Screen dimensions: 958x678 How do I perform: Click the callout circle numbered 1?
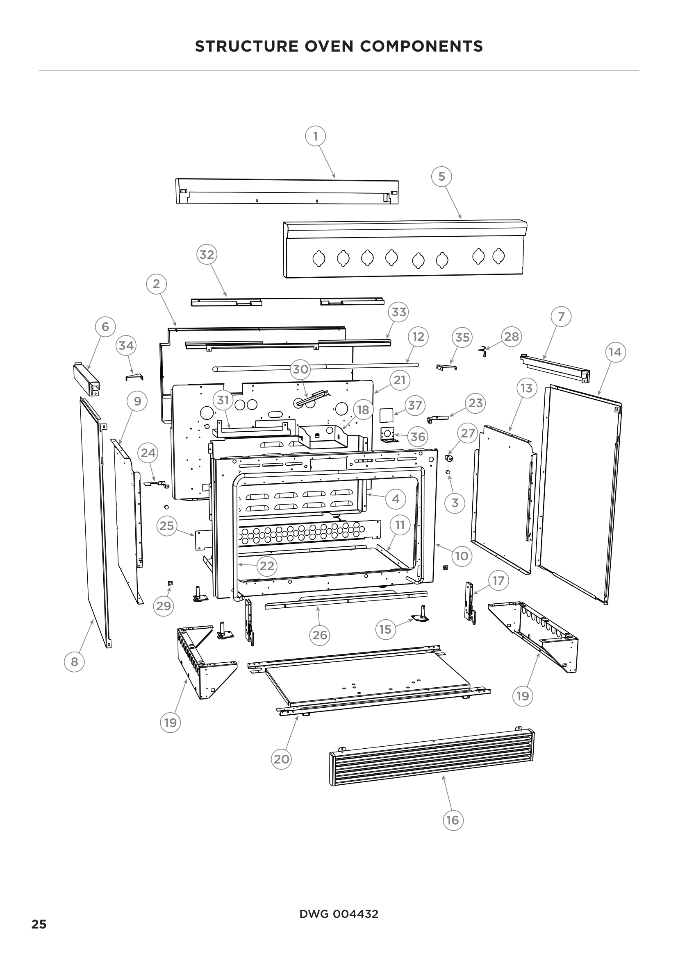315,136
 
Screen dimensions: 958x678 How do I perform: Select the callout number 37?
414,405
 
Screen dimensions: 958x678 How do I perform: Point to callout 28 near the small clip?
512,336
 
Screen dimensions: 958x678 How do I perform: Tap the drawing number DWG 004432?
339,914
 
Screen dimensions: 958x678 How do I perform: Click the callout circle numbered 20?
281,759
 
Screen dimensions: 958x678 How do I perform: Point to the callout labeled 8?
74,661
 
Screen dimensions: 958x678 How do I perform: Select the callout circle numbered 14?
615,352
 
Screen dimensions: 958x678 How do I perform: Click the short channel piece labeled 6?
87,379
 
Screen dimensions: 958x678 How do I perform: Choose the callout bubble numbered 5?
441,177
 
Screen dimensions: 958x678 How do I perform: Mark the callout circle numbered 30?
300,369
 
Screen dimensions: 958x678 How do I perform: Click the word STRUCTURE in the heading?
247,46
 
